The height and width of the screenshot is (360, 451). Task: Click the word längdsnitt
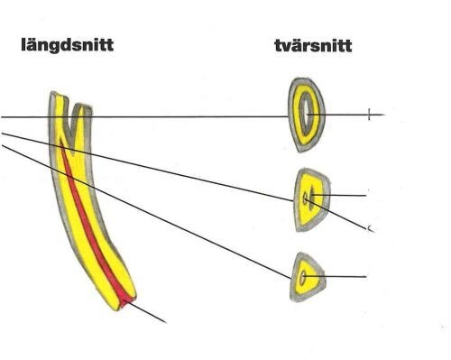click(x=68, y=45)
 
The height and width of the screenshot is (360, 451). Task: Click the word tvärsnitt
click(x=313, y=46)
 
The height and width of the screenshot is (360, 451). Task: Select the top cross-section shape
click(x=307, y=115)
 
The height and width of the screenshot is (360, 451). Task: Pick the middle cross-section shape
click(x=312, y=200)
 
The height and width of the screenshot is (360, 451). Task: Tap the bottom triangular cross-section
click(x=308, y=277)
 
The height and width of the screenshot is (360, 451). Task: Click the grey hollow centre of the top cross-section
click(x=307, y=114)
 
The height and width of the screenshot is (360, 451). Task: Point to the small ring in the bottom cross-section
click(x=303, y=277)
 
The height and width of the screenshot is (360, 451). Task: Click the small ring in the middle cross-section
click(x=305, y=198)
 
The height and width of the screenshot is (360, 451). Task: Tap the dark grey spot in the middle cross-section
click(x=312, y=195)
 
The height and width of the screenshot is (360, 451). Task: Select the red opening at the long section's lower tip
click(x=128, y=302)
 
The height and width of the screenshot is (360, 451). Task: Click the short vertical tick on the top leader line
click(x=369, y=115)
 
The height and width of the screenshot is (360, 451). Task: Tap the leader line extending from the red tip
click(x=147, y=312)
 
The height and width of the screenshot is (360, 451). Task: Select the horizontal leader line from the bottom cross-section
click(x=335, y=276)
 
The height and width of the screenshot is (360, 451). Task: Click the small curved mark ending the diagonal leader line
click(x=371, y=229)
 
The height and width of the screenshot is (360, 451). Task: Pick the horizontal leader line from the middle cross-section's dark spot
click(x=339, y=195)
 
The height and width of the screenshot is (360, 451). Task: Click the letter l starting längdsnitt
click(x=23, y=44)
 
